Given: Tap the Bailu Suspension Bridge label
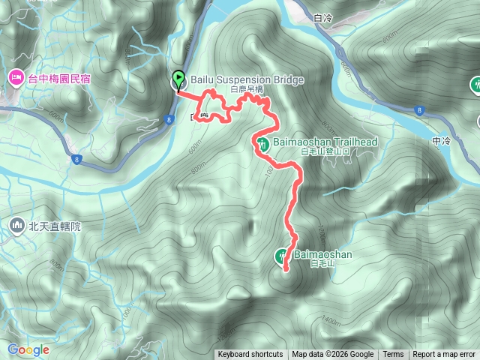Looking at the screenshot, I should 236,79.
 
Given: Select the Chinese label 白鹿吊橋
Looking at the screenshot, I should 247,89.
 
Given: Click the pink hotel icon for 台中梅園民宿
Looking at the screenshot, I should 16,77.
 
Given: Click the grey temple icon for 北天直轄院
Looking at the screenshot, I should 16,224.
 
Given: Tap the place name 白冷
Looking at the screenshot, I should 324,16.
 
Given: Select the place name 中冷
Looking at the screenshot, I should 442,141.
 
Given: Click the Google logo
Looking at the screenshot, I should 28,349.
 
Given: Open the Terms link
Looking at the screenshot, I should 393,355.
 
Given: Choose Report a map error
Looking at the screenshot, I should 444,355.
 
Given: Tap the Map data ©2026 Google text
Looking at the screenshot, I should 333,355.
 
